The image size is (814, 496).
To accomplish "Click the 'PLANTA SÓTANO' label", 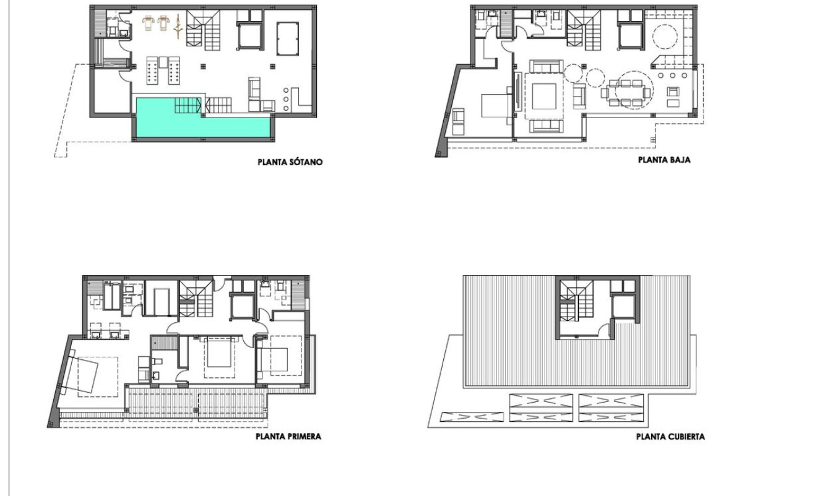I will point(290,163).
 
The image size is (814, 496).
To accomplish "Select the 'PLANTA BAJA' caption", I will point(664,160).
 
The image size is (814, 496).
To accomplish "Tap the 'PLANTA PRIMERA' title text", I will point(288,436).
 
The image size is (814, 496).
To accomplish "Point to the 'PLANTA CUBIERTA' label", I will point(670,436).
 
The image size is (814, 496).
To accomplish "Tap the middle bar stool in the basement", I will point(286,98).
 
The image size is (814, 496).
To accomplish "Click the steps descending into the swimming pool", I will point(187,106).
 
